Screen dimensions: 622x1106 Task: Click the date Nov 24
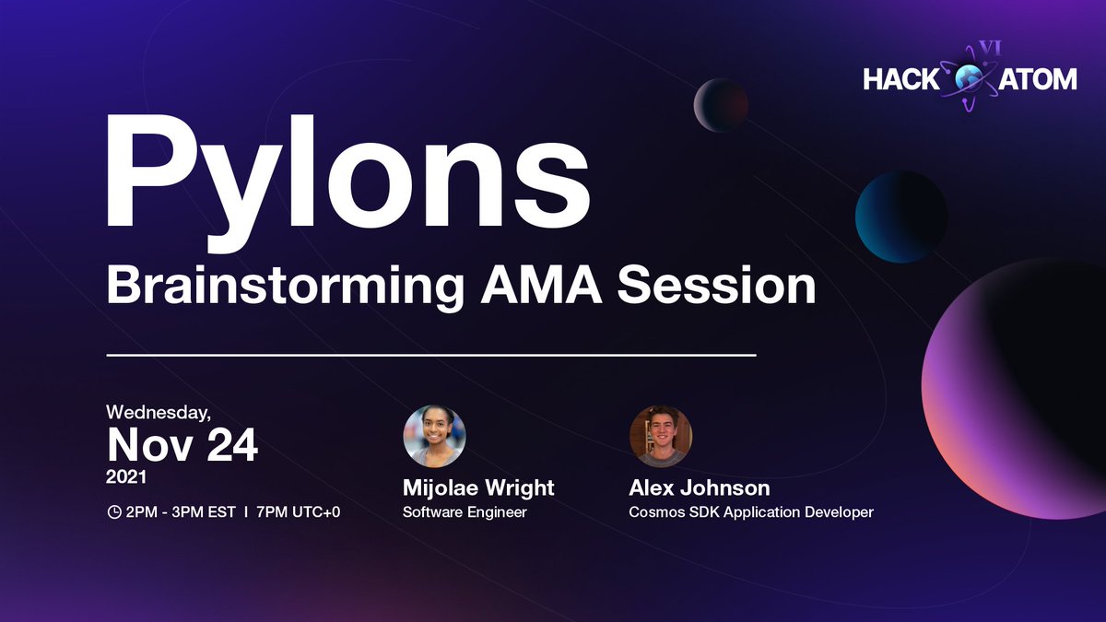[x=182, y=445]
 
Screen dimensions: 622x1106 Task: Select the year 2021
[x=127, y=479]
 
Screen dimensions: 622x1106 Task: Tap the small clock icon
[x=114, y=511]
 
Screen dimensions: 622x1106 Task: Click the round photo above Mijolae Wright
[x=434, y=436]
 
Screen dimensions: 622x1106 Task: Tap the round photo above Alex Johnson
[x=660, y=436]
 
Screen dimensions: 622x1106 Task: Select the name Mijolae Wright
[x=478, y=487]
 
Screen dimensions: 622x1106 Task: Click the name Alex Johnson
[x=699, y=487]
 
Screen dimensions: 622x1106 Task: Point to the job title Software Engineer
[x=465, y=511]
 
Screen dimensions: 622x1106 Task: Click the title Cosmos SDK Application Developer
[x=750, y=511]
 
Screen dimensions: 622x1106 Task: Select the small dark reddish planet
[x=720, y=104]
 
